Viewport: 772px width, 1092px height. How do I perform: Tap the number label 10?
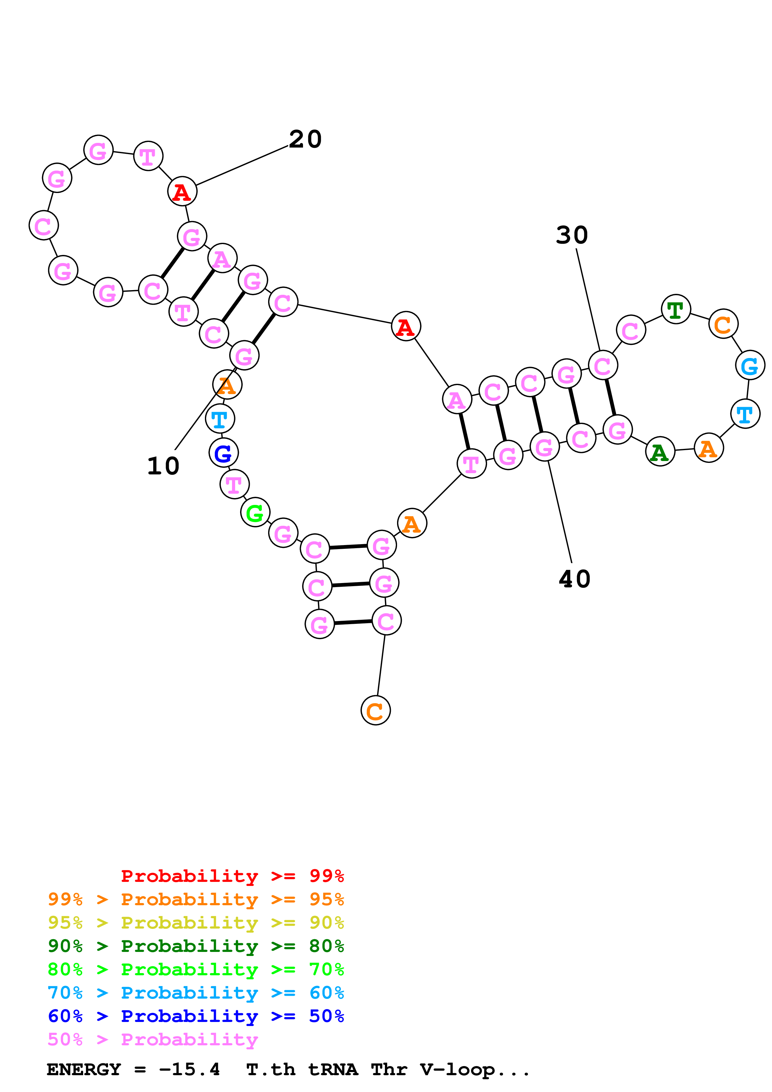click(x=163, y=466)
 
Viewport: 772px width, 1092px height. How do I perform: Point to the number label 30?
click(x=572, y=235)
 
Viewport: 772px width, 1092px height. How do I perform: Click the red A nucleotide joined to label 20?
click(x=182, y=192)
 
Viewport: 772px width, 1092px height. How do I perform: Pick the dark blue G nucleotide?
click(x=223, y=453)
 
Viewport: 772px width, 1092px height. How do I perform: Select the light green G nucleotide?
click(x=255, y=513)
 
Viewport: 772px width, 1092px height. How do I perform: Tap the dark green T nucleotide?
click(x=675, y=310)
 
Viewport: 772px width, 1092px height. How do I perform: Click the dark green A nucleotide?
click(x=660, y=452)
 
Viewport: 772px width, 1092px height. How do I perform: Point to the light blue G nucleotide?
click(x=750, y=366)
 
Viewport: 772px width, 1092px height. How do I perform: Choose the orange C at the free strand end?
click(x=375, y=711)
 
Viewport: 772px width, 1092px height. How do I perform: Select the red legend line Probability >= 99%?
click(x=232, y=876)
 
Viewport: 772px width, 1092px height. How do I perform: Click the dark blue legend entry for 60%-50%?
click(x=196, y=1016)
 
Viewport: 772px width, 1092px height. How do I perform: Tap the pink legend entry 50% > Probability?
click(x=152, y=1040)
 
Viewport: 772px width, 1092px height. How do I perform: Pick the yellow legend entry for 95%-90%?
click(x=196, y=923)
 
